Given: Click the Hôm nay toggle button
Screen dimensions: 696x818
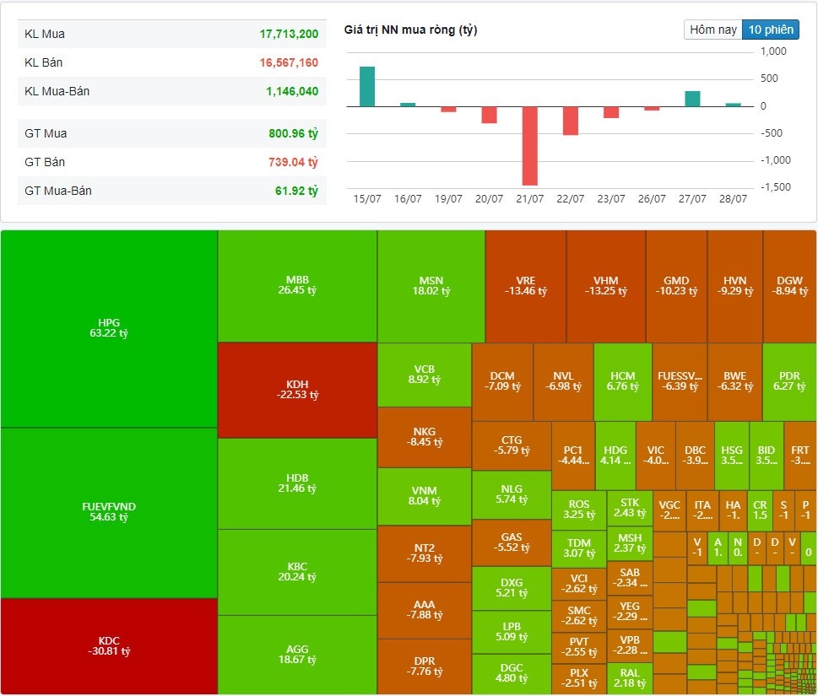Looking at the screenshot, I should [x=713, y=30].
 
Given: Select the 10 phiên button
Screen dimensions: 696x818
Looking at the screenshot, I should [x=770, y=30].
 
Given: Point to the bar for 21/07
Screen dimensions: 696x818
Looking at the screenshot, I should [x=529, y=146].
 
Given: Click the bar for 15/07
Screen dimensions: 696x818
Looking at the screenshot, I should [x=367, y=87].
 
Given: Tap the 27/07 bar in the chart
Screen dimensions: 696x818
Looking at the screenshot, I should [x=692, y=99].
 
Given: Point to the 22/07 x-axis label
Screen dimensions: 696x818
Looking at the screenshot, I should [x=570, y=199].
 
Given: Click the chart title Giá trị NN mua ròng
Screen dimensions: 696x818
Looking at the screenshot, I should [x=410, y=30].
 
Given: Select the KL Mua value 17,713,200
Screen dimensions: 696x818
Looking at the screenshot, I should [x=289, y=35].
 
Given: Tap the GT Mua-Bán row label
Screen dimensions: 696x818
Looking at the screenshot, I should [x=58, y=191].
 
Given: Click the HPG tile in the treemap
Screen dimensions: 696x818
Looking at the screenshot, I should [x=109, y=328].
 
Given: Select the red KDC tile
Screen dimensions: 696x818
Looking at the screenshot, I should [x=109, y=645].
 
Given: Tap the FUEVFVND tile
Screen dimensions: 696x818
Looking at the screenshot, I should [x=109, y=512].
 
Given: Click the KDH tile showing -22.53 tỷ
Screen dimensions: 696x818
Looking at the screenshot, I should [x=297, y=389].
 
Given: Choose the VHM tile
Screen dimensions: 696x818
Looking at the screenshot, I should [x=605, y=286].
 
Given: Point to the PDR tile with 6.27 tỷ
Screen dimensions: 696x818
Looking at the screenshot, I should [x=789, y=380].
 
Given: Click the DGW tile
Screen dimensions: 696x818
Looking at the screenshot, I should [x=789, y=286].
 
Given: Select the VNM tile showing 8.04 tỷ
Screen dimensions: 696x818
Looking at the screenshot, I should [x=424, y=495].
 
